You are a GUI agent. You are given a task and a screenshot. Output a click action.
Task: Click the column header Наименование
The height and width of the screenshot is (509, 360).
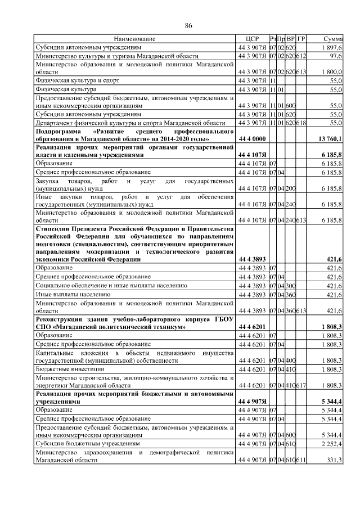coord(134,39)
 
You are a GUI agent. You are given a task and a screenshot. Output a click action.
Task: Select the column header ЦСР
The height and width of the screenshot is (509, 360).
coord(251,39)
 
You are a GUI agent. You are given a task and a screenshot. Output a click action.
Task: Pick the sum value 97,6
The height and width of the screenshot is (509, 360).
coord(336,57)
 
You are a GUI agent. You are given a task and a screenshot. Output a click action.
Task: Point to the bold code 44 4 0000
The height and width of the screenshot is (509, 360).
coord(251,138)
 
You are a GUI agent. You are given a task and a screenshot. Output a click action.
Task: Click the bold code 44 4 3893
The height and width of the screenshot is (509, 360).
coord(251,259)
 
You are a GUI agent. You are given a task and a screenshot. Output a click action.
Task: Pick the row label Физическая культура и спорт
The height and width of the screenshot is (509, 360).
coord(69,81)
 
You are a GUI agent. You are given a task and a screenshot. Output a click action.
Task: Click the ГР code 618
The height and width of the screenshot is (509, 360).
coord(301,122)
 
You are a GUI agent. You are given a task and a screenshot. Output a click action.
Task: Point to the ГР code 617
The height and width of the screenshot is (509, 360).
coord(301,385)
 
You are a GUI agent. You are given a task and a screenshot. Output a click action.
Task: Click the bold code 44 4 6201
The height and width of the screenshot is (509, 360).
coord(251,326)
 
